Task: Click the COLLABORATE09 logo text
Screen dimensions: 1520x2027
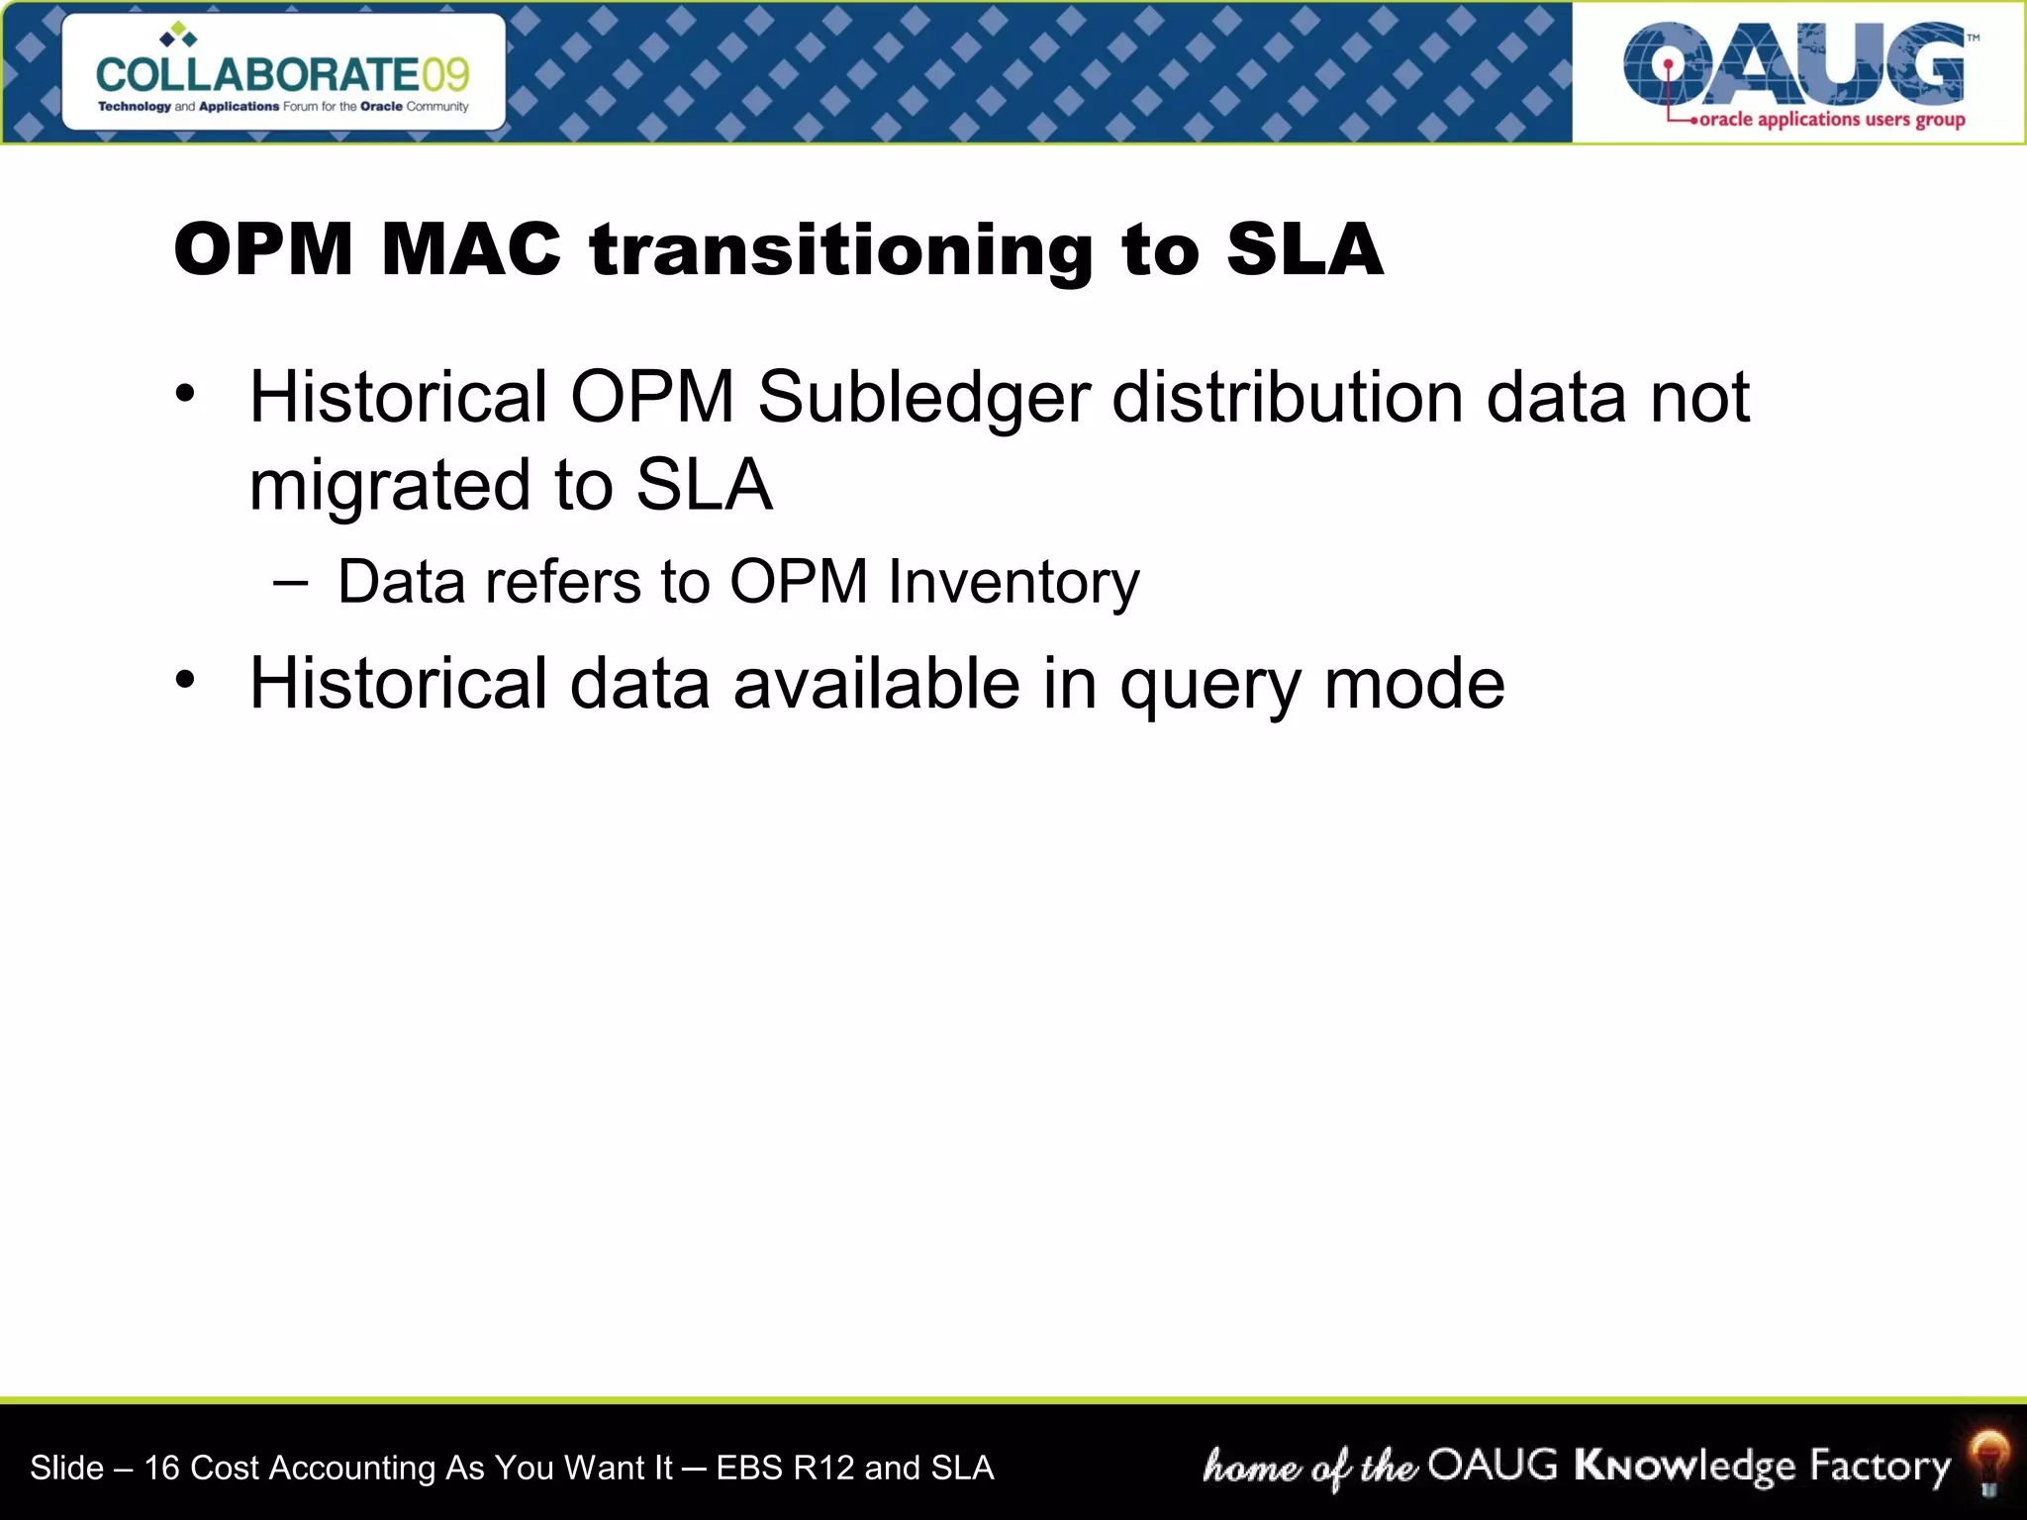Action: [282, 75]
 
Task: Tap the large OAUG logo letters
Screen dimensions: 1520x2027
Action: [1793, 65]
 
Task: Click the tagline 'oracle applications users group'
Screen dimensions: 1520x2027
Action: [1831, 120]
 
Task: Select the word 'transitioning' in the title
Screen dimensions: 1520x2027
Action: [840, 248]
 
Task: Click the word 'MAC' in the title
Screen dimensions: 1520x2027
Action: [471, 248]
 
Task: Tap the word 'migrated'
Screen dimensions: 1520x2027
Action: [390, 485]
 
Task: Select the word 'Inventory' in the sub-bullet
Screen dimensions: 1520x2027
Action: [1013, 582]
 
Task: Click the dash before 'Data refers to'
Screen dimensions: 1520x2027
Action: [291, 582]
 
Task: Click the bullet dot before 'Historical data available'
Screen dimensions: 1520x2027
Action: [185, 680]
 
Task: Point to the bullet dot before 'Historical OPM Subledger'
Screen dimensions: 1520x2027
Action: [185, 394]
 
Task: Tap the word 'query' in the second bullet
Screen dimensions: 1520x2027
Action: [1210, 685]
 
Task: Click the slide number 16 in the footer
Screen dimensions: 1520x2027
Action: [161, 1468]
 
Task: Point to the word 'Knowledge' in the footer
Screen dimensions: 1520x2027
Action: [1684, 1466]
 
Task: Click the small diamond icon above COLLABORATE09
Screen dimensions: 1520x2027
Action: [178, 36]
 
